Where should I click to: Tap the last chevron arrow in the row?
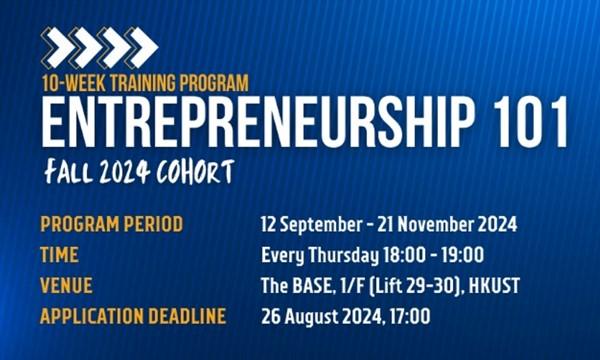click(x=140, y=47)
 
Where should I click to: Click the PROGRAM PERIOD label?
click(x=112, y=224)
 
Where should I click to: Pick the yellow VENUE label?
click(x=66, y=285)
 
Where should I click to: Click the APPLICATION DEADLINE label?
click(x=133, y=316)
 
